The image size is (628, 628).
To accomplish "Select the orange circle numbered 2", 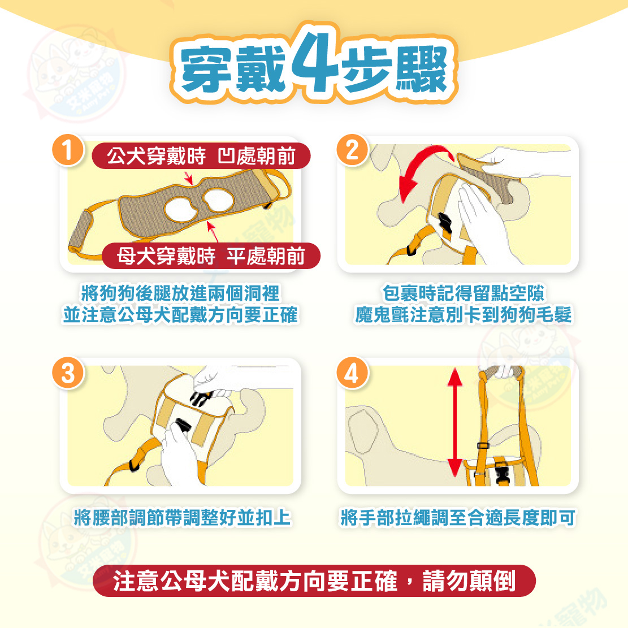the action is point(352,150).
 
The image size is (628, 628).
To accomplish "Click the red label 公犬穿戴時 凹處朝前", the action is point(201,156).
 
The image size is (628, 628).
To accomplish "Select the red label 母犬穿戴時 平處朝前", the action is point(211,256).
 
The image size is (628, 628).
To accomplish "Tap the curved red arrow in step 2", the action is point(421,168).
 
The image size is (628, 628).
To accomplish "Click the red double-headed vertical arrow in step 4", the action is point(454,423).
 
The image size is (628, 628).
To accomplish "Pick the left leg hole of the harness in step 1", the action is point(181,209).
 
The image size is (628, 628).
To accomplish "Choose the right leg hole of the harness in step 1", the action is point(218,200).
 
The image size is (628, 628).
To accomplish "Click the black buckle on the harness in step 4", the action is point(501,473).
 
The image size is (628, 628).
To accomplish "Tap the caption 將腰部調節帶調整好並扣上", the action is point(182,517).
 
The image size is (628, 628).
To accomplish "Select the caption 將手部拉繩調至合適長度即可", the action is point(458,517).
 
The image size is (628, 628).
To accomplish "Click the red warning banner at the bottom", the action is point(314,581).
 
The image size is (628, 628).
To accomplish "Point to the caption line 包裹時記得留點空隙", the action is point(464,293).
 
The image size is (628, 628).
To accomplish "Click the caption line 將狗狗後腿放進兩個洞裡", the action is point(180,293).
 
